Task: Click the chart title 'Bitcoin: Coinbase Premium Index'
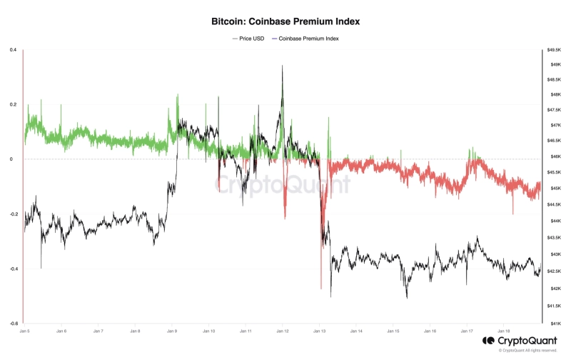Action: (x=285, y=22)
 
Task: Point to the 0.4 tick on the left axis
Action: (x=13, y=50)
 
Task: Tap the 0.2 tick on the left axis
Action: (x=13, y=104)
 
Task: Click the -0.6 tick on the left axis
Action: (x=12, y=323)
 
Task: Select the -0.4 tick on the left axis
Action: (x=12, y=269)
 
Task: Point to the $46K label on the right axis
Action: (x=555, y=156)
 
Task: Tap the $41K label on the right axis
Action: (x=555, y=323)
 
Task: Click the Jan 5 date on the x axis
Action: (x=24, y=331)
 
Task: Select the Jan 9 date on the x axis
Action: (x=171, y=331)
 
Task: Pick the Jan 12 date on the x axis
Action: (x=282, y=331)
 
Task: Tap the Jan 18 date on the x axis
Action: (x=503, y=331)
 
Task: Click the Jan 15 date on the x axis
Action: (x=393, y=331)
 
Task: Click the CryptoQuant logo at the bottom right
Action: (x=519, y=341)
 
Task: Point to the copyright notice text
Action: (x=527, y=351)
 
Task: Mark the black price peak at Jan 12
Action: (x=283, y=66)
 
